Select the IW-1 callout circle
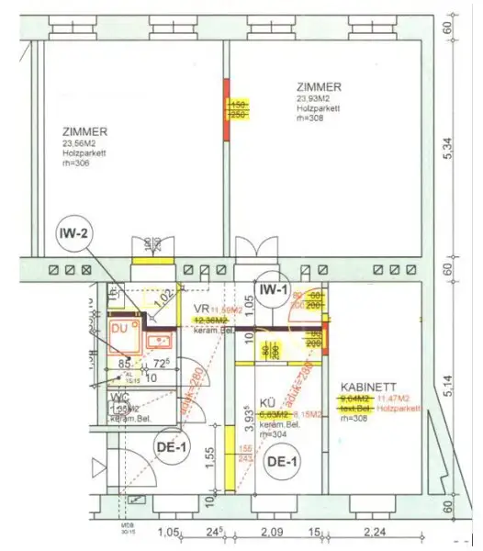274,291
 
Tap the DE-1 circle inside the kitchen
281,462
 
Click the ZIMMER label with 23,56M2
86,130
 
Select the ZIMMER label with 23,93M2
320,86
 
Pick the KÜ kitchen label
266,403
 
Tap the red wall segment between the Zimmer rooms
227,110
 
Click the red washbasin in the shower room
159,343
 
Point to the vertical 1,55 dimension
210,456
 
